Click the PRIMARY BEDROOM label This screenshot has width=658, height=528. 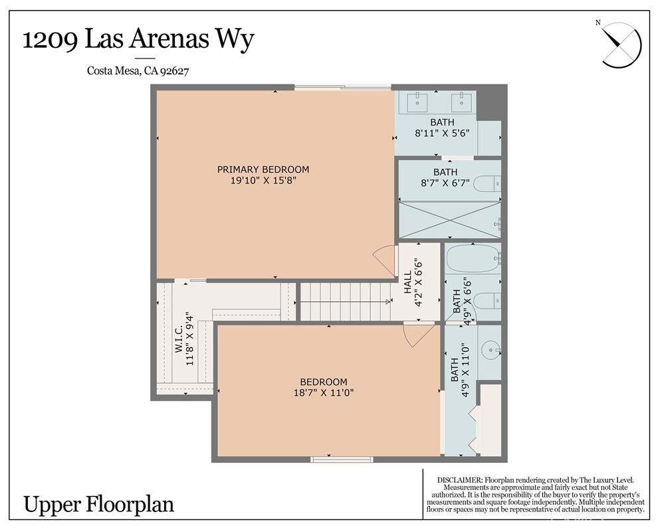[x=263, y=170]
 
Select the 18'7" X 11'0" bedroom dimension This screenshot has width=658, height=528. [x=324, y=393]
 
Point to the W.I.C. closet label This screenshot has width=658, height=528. [x=178, y=338]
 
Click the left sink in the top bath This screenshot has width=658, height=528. [x=417, y=102]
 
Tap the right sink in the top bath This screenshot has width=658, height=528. [x=461, y=102]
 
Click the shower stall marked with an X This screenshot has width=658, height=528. [x=449, y=220]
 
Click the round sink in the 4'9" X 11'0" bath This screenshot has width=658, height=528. [x=490, y=349]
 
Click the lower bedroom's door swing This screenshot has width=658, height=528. [x=418, y=334]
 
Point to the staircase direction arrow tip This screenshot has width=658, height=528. [x=389, y=301]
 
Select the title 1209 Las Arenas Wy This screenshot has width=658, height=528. [x=138, y=39]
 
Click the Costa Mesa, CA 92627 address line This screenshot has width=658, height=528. [x=138, y=71]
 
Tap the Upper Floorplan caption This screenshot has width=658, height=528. [x=99, y=504]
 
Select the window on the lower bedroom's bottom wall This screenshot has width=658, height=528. [x=342, y=460]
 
